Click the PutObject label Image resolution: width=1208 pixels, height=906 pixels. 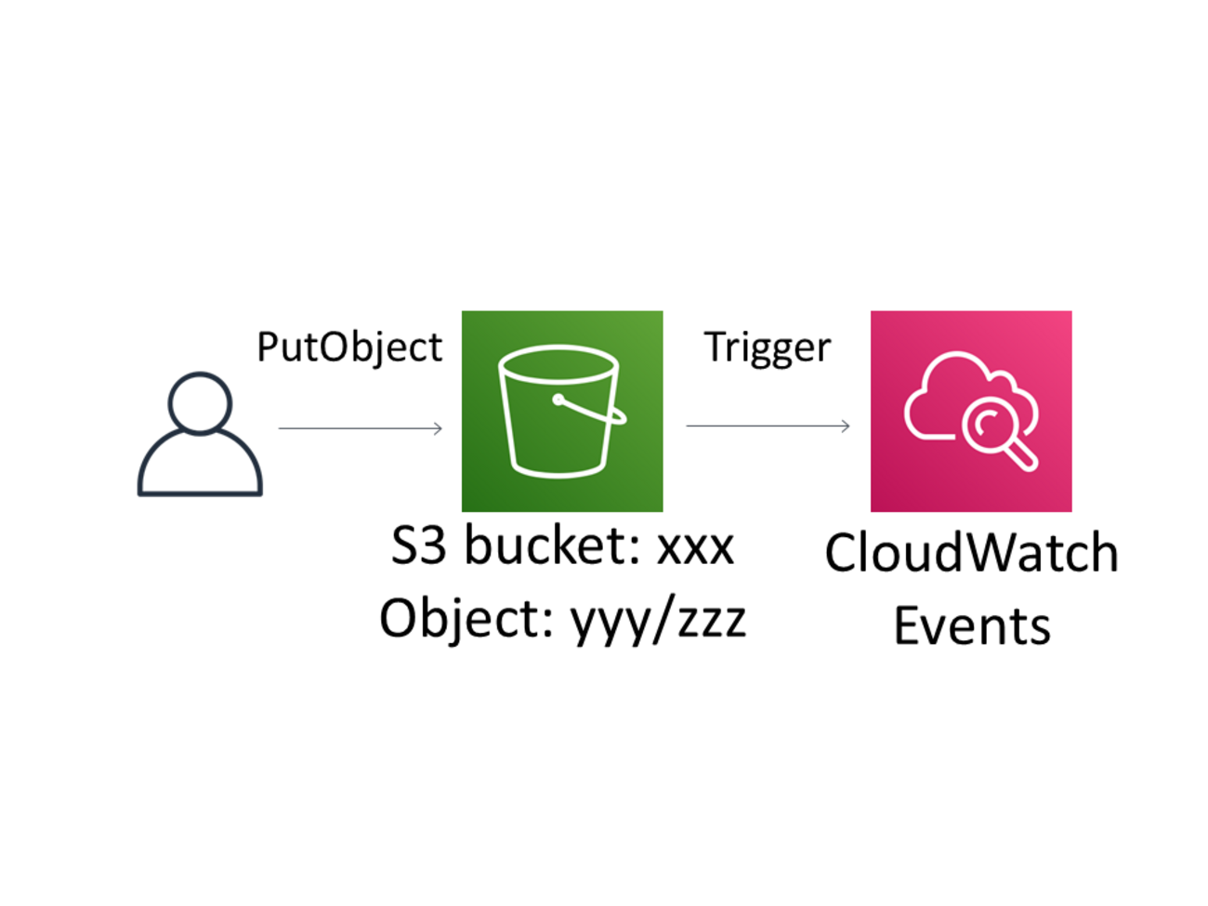[x=349, y=348]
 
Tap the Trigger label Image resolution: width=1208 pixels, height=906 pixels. [x=767, y=348]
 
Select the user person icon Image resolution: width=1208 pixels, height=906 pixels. [x=200, y=435]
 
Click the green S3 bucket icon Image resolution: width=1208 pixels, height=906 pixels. [x=562, y=411]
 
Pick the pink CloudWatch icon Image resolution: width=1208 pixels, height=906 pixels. [x=971, y=411]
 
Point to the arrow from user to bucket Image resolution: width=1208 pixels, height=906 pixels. [x=361, y=428]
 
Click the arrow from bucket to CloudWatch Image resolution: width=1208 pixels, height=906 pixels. [x=768, y=427]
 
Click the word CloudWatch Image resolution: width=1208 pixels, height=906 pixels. [x=971, y=553]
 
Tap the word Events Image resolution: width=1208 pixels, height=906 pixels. [x=971, y=626]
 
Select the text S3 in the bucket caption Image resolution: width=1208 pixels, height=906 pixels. [x=418, y=545]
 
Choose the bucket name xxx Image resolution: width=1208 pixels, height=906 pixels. [x=696, y=547]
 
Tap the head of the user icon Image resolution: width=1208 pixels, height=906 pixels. [x=200, y=403]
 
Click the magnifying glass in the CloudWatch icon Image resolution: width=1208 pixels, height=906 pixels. [x=994, y=432]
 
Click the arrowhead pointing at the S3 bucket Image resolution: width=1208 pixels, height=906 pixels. [x=438, y=428]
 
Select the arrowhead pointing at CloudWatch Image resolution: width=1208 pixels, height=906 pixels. [x=845, y=427]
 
